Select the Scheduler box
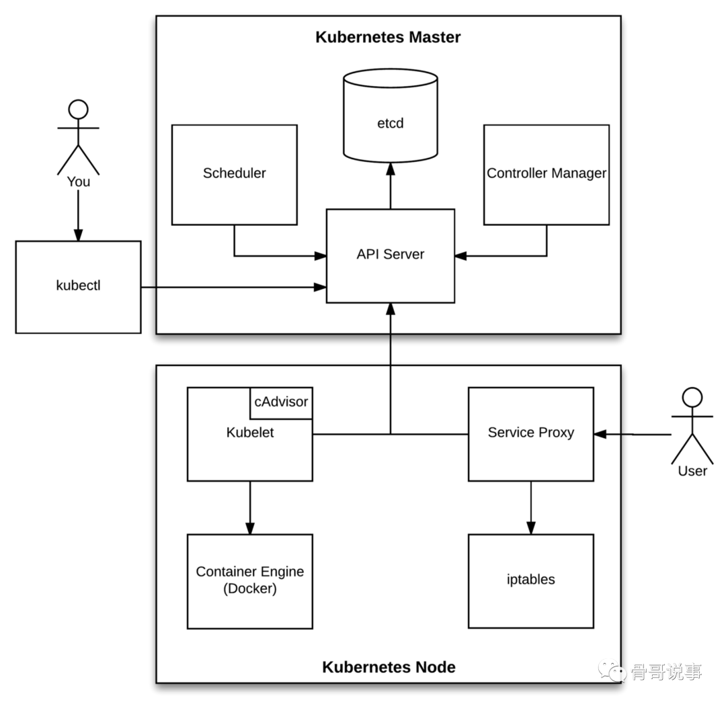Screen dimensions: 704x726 (234, 174)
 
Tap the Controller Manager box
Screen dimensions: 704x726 (546, 174)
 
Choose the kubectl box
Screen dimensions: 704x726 (78, 286)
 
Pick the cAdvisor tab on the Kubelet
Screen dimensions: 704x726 (281, 402)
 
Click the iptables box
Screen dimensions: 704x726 (530, 580)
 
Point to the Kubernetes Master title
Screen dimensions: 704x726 (388, 37)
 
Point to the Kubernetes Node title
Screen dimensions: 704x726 (389, 667)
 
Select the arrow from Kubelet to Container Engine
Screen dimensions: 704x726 (250, 507)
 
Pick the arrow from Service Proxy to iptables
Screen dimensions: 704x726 (531, 507)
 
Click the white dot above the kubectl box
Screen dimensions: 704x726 (79, 109)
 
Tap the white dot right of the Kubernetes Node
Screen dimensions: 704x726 (692, 398)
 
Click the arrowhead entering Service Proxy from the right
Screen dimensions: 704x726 (600, 435)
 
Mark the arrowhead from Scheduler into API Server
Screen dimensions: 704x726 (321, 255)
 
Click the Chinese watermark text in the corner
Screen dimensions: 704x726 (665, 671)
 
